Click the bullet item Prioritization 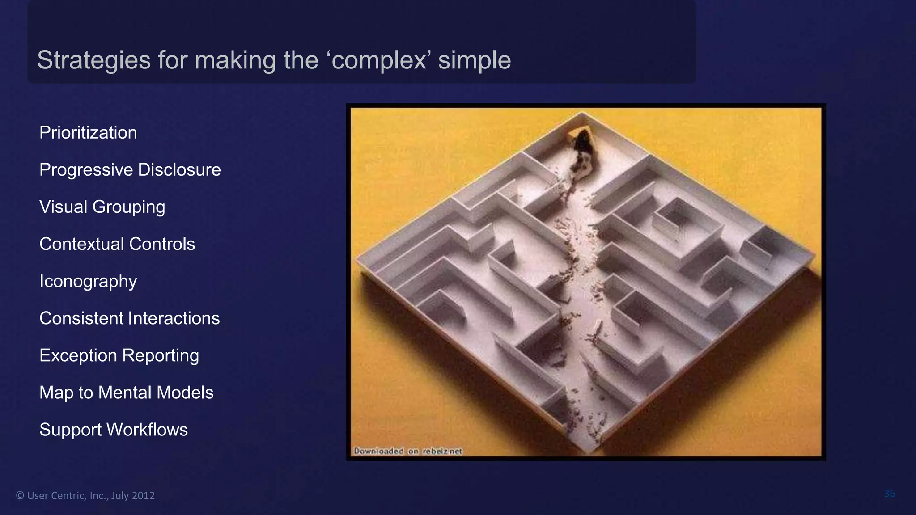pyautogui.click(x=88, y=133)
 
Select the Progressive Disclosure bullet pyautogui.click(x=130, y=170)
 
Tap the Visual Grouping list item pyautogui.click(x=102, y=207)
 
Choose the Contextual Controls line pyautogui.click(x=117, y=244)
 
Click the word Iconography pyautogui.click(x=88, y=281)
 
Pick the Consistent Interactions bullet pyautogui.click(x=129, y=318)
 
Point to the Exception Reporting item pyautogui.click(x=119, y=355)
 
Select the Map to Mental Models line pyautogui.click(x=126, y=393)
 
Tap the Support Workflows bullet pyautogui.click(x=114, y=430)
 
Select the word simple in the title pyautogui.click(x=474, y=60)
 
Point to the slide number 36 pyautogui.click(x=889, y=494)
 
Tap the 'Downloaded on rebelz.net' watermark pyautogui.click(x=407, y=451)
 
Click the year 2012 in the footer pyautogui.click(x=144, y=495)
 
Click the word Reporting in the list pyautogui.click(x=161, y=355)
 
